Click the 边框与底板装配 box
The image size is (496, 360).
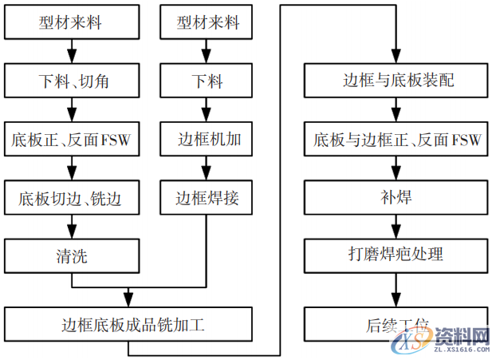point(396,82)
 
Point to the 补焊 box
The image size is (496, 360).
point(396,197)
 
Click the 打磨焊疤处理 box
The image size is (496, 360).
point(396,255)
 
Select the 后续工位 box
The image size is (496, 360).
point(396,324)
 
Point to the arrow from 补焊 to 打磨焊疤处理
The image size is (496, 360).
point(396,227)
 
